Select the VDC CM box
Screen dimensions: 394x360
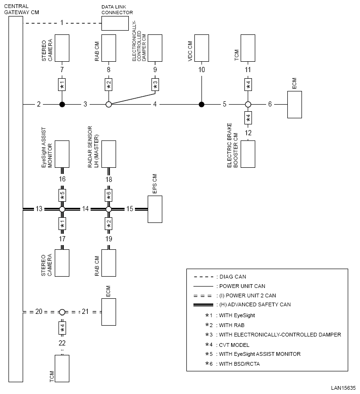pyautogui.click(x=201, y=48)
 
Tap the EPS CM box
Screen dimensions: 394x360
pyautogui.click(x=155, y=209)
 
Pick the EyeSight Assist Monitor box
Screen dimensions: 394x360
pyautogui.click(x=62, y=154)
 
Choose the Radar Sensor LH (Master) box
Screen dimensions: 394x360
pyautogui.click(x=109, y=154)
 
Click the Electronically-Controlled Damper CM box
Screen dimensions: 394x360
pyautogui.click(x=155, y=48)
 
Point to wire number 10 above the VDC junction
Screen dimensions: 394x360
pyautogui.click(x=201, y=70)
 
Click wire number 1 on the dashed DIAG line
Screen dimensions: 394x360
pyautogui.click(x=62, y=23)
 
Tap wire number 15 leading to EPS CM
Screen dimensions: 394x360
pyautogui.click(x=130, y=209)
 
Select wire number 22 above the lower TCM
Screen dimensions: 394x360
pyautogui.click(x=62, y=343)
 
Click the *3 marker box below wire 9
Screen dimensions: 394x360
pyautogui.click(x=155, y=84)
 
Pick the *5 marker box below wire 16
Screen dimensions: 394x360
pyautogui.click(x=62, y=194)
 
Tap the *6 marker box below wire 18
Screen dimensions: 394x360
pyautogui.click(x=109, y=194)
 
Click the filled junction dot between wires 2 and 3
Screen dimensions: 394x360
pyautogui.click(x=62, y=104)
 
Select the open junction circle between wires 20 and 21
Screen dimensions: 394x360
pyautogui.click(x=62, y=312)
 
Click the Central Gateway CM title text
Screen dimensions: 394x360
pyautogui.click(x=21, y=8)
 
